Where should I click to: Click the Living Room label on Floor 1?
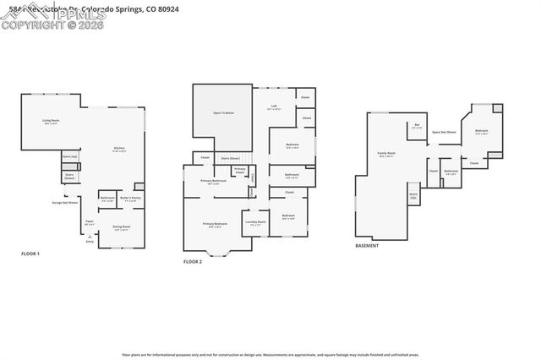52,122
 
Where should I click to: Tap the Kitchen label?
119,150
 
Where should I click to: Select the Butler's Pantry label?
130,199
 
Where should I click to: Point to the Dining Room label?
121,227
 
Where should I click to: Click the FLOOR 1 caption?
30,254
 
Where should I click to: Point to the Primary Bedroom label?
214,224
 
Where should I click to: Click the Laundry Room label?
255,222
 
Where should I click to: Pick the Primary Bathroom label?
213,182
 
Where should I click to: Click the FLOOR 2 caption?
194,262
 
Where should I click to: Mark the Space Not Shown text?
444,132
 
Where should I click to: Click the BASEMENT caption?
367,246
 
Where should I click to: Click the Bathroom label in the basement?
451,172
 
